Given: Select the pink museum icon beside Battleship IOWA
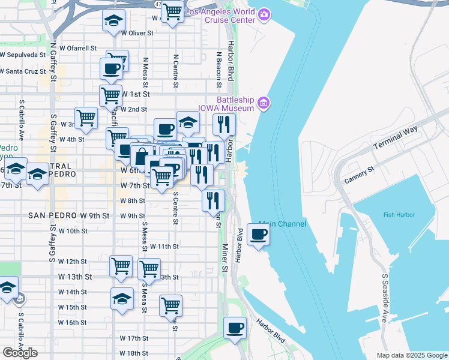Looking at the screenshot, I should click(264, 104).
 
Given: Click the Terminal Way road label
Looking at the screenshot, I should click(394, 142).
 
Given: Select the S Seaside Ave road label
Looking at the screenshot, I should click(384, 298).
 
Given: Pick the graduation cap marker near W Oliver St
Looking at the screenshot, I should click(113, 22).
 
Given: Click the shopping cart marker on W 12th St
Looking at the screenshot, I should click(121, 266).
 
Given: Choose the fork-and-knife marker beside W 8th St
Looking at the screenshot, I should click(213, 200).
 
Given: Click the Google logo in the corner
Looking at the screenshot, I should click(20, 353).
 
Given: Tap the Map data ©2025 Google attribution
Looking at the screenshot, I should click(411, 355).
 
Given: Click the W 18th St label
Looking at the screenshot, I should click(133, 353).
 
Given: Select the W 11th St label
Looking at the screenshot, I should click(164, 247).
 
